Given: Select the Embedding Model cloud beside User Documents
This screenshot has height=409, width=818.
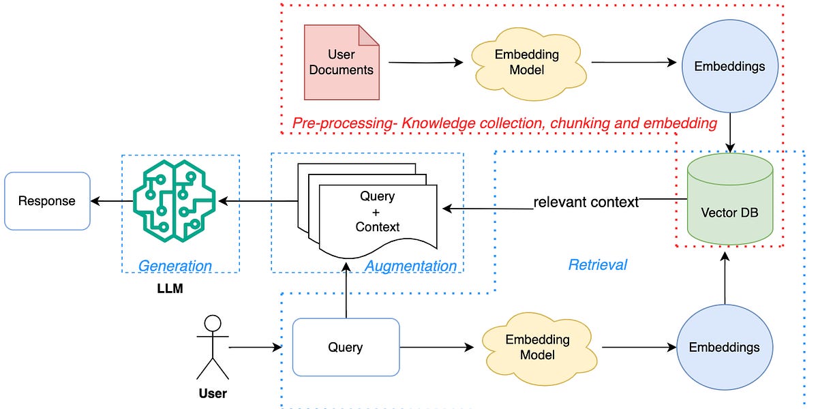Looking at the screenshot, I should [x=526, y=63].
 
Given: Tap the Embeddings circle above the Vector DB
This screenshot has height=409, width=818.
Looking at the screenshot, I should [x=729, y=66].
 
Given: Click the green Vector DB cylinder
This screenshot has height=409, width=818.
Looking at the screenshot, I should [x=730, y=199].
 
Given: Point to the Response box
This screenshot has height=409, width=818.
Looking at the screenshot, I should [x=47, y=200].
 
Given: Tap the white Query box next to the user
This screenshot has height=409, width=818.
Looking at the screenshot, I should [x=346, y=347].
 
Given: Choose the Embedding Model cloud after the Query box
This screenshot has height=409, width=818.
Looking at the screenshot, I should [x=537, y=347].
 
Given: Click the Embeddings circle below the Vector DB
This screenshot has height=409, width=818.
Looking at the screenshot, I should [x=725, y=347].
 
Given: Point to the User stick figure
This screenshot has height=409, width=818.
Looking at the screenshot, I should [x=213, y=347].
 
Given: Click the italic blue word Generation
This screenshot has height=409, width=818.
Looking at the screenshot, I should [x=175, y=266].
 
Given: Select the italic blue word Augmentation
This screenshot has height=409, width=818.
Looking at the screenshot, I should [x=410, y=266].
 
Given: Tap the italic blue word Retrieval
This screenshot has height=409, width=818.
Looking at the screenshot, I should [x=597, y=264].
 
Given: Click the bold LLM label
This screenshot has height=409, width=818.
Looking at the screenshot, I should [x=170, y=290].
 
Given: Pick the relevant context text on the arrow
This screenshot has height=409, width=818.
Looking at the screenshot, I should [x=586, y=202].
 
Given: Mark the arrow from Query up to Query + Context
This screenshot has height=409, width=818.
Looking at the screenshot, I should [x=347, y=293].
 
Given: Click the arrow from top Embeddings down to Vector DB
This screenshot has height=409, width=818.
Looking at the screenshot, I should [x=730, y=133].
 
